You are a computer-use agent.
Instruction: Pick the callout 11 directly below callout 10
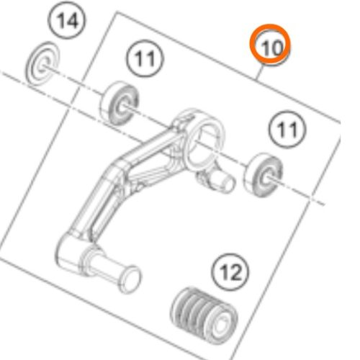pos(283,130)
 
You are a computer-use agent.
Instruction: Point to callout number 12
pos(232,273)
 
